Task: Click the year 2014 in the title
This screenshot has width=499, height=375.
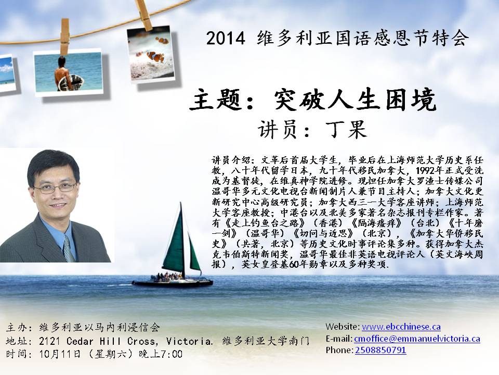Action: pyautogui.click(x=226, y=38)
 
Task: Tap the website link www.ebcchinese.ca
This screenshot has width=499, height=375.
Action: pyautogui.click(x=401, y=327)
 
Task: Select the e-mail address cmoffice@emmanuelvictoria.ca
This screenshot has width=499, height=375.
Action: pyautogui.click(x=417, y=339)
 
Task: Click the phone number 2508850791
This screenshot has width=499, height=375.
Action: pyautogui.click(x=380, y=350)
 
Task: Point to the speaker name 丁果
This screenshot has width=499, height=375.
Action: pyautogui.click(x=347, y=129)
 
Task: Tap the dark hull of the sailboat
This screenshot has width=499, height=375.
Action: pyautogui.click(x=172, y=283)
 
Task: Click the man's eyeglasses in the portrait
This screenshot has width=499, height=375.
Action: pyautogui.click(x=55, y=188)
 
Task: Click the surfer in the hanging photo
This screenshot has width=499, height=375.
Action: pyautogui.click(x=63, y=74)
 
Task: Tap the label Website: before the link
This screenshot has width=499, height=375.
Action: pyautogui.click(x=343, y=327)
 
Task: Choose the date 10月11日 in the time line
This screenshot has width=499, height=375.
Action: pyautogui.click(x=60, y=354)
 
